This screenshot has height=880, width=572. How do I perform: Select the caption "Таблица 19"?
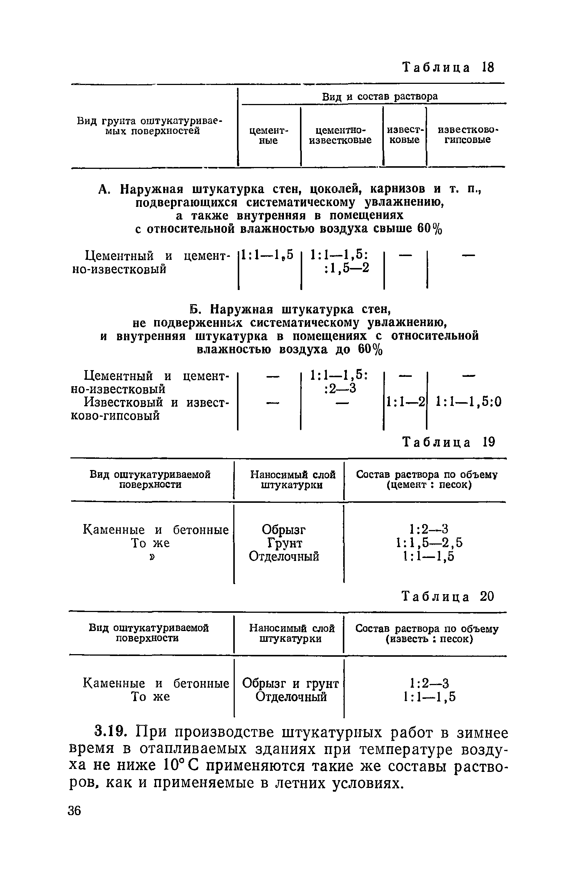point(449,442)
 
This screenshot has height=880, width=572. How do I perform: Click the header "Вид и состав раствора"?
point(380,97)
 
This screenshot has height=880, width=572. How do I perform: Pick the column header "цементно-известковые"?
point(341,135)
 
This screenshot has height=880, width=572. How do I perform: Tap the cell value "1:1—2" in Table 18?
point(405,402)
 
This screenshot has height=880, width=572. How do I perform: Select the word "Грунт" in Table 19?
point(285,543)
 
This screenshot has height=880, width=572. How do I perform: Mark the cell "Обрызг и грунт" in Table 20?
point(291,684)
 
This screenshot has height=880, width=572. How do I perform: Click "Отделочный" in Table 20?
point(291,697)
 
